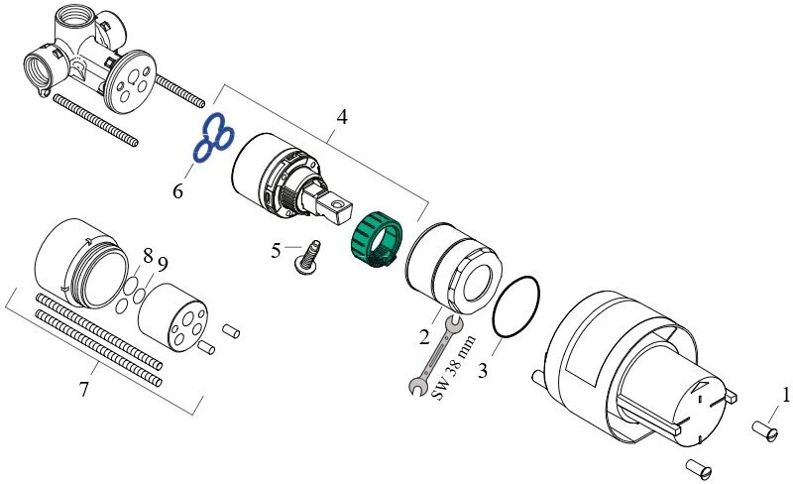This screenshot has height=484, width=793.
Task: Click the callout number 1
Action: (x=785, y=395)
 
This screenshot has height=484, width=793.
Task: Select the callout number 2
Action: (x=423, y=338)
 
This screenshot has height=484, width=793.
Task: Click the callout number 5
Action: (x=277, y=250)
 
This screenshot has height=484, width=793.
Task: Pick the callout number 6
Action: (x=177, y=190)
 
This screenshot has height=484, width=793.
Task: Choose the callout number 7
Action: (x=83, y=390)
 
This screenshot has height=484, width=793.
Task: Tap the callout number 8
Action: (x=148, y=256)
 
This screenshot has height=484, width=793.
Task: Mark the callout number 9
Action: (x=163, y=264)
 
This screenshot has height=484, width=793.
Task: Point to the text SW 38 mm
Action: (x=456, y=367)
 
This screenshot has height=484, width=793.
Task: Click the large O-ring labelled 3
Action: (x=516, y=306)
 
